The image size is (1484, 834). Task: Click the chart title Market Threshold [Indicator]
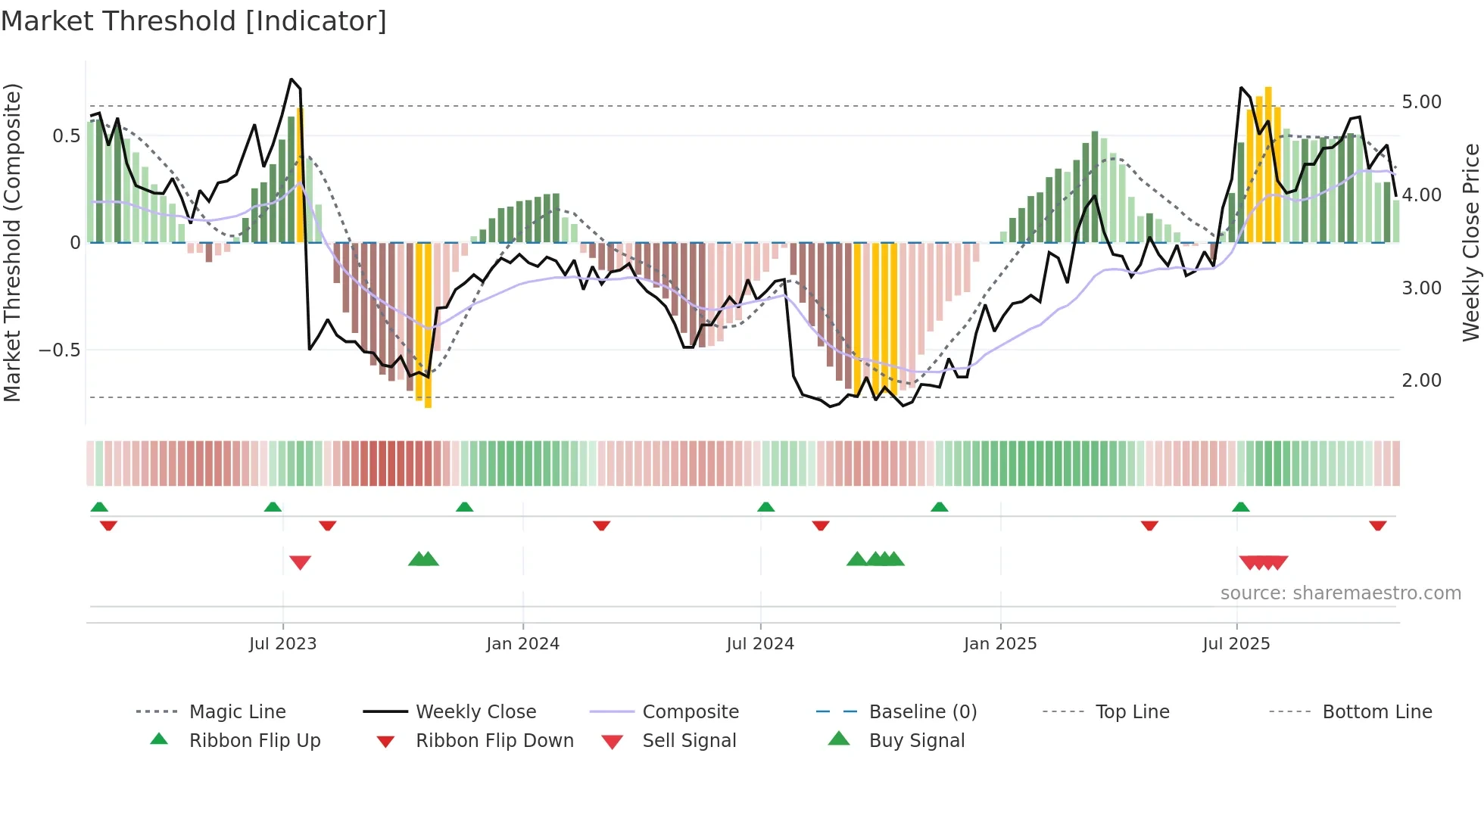pyautogui.click(x=194, y=21)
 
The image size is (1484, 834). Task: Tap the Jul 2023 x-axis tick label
pyautogui.click(x=282, y=644)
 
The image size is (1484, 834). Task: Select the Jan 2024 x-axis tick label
pyautogui.click(x=522, y=644)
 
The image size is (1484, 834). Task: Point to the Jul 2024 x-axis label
pyautogui.click(x=760, y=644)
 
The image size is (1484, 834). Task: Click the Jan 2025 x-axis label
pyautogui.click(x=1000, y=644)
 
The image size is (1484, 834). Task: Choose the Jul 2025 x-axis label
pyautogui.click(x=1236, y=644)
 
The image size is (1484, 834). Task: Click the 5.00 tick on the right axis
pyautogui.click(x=1421, y=102)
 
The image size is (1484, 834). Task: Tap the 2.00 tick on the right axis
pyautogui.click(x=1421, y=381)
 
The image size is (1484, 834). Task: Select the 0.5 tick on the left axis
pyautogui.click(x=66, y=136)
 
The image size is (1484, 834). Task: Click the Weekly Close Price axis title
pyautogui.click(x=1470, y=242)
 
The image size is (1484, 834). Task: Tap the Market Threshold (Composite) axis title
pyautogui.click(x=12, y=242)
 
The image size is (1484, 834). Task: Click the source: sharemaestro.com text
pyautogui.click(x=1340, y=593)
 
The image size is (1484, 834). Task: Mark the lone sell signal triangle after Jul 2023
pyautogui.click(x=301, y=562)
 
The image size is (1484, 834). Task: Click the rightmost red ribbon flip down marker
pyautogui.click(x=1377, y=525)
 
